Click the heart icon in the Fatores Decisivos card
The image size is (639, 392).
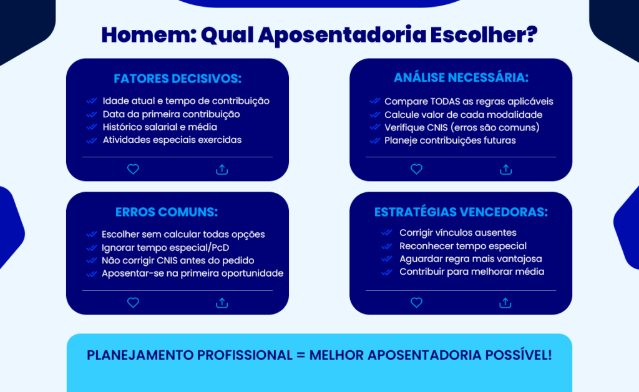pyautogui.click(x=133, y=169)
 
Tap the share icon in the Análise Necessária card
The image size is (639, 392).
pyautogui.click(x=505, y=169)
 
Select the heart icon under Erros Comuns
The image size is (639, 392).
pyautogui.click(x=133, y=303)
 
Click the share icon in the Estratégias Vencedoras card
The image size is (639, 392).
pyautogui.click(x=505, y=303)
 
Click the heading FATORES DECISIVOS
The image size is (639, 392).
pyautogui.click(x=177, y=79)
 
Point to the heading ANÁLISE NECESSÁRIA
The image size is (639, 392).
pyautogui.click(x=461, y=78)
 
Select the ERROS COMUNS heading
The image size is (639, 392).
pyautogui.click(x=167, y=212)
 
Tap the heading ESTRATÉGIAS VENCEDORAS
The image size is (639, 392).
pyautogui.click(x=461, y=212)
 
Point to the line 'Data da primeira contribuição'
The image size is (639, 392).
pyautogui.click(x=171, y=114)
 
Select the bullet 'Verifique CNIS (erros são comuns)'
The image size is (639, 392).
pyautogui.click(x=462, y=127)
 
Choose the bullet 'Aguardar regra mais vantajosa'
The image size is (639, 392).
pyautogui.click(x=471, y=258)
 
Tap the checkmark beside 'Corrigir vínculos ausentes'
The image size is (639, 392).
pyautogui.click(x=386, y=233)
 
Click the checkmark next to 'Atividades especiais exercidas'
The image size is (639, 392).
pyautogui.click(x=91, y=140)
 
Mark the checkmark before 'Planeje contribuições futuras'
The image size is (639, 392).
pyautogui.click(x=374, y=140)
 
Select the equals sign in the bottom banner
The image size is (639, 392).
pyautogui.click(x=301, y=355)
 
